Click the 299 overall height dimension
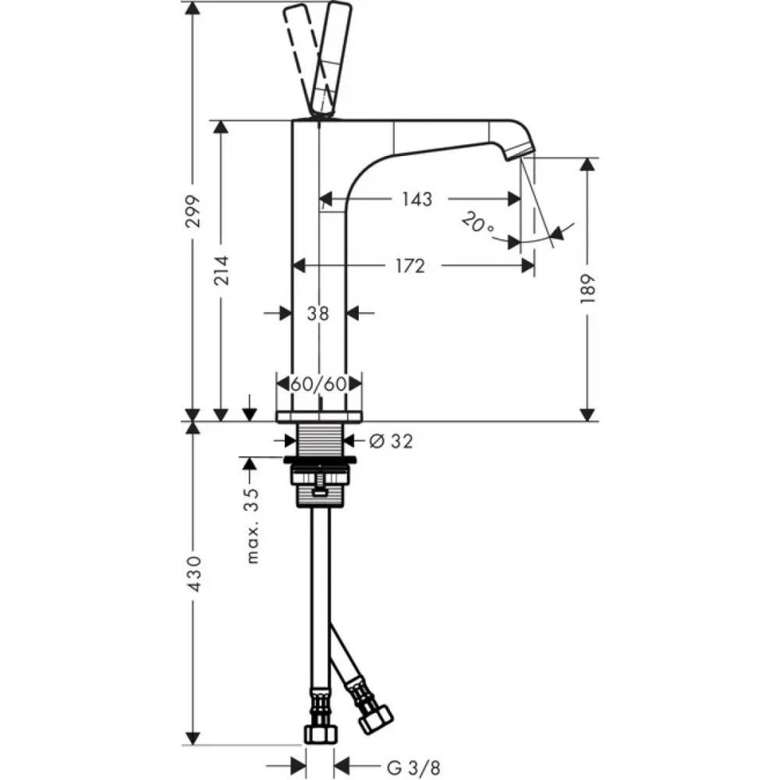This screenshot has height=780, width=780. coord(193,211)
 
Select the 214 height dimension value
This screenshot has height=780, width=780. coord(221,270)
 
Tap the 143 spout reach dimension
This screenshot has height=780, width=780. coord(417,199)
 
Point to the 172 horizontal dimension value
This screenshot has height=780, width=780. coord(410,266)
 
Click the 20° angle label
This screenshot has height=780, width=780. coord(477,223)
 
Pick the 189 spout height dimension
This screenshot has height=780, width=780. coord(587,289)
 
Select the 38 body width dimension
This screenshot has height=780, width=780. coord(318,314)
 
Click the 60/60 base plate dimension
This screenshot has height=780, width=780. coord(318,384)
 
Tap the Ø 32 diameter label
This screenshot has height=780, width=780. coord(391,441)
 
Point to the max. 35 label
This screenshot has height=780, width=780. coord(253,526)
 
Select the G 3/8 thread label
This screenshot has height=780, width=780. coord(413,768)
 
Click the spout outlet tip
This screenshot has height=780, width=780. coord(520,152)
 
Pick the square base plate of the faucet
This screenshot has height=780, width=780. coord(319,417)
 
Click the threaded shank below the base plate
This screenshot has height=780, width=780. coord(319,439)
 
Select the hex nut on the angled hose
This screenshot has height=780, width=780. coord(376,719)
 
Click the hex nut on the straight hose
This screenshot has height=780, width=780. coord(321,734)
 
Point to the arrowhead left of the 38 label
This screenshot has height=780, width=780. coord(285,314)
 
